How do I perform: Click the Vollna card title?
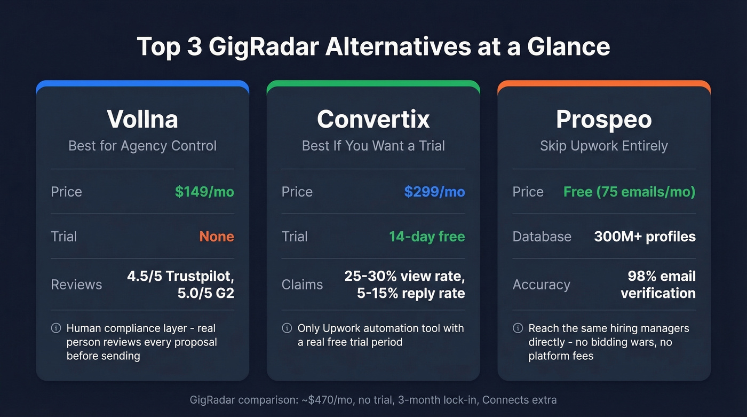pyautogui.click(x=142, y=119)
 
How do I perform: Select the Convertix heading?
pyautogui.click(x=373, y=119)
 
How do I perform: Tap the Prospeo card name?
pyautogui.click(x=603, y=119)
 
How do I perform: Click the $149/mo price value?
pyautogui.click(x=204, y=192)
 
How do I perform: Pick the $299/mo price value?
pyautogui.click(x=434, y=192)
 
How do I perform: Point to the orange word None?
pyautogui.click(x=217, y=237)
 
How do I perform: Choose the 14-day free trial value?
pyautogui.click(x=427, y=237)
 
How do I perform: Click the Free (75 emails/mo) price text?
pyautogui.click(x=630, y=192)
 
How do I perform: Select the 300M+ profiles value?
pyautogui.click(x=645, y=237)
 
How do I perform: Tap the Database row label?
pyautogui.click(x=542, y=237)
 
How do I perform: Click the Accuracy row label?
pyautogui.click(x=541, y=285)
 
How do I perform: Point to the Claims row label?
pyautogui.click(x=302, y=285)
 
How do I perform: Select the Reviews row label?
pyautogui.click(x=76, y=285)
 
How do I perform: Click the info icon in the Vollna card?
pyautogui.click(x=55, y=328)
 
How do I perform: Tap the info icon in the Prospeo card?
pyautogui.click(x=518, y=328)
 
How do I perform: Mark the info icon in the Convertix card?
pyautogui.click(x=287, y=328)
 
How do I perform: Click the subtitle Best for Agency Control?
pyautogui.click(x=142, y=146)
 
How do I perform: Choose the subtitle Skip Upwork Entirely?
pyautogui.click(x=603, y=146)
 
